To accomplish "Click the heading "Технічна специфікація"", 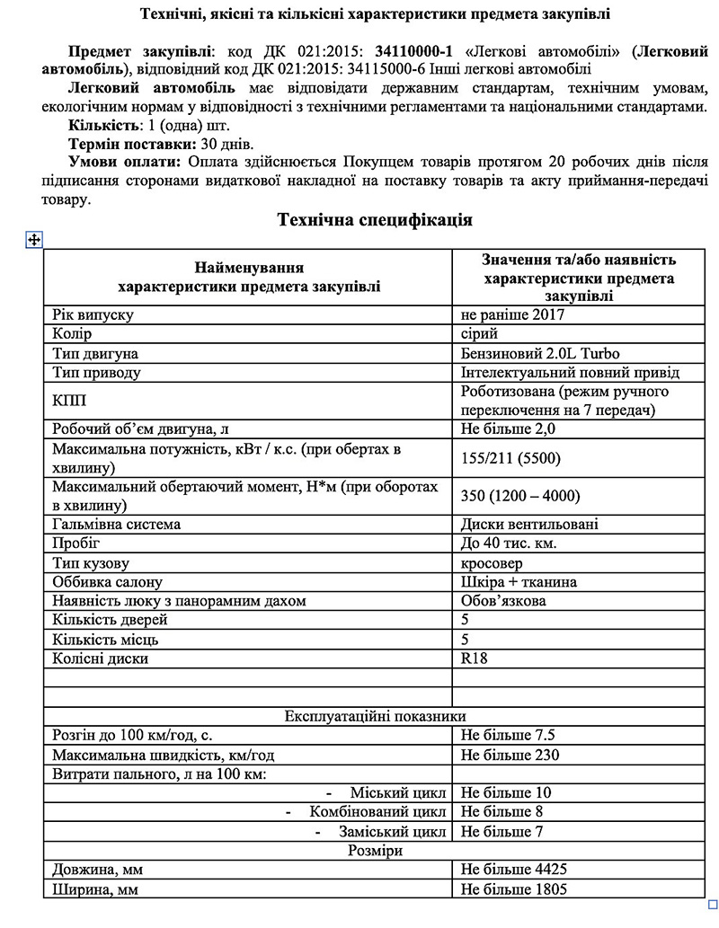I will click(x=375, y=220).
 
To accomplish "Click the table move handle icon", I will click(x=35, y=239).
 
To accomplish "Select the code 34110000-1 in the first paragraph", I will click(x=413, y=51).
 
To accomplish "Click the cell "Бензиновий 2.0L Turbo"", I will click(x=540, y=353).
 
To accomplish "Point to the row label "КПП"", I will click(x=70, y=401).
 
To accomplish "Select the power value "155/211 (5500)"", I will click(x=510, y=458).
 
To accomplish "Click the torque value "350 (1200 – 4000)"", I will click(x=520, y=496).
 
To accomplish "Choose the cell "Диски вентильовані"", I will click(x=529, y=524).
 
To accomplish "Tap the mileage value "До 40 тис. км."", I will click(x=509, y=544).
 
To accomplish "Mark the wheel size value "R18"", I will click(x=474, y=658).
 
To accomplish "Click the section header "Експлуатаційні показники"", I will click(x=375, y=716).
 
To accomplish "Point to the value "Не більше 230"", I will click(x=510, y=755).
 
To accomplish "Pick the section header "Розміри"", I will click(x=375, y=850).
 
